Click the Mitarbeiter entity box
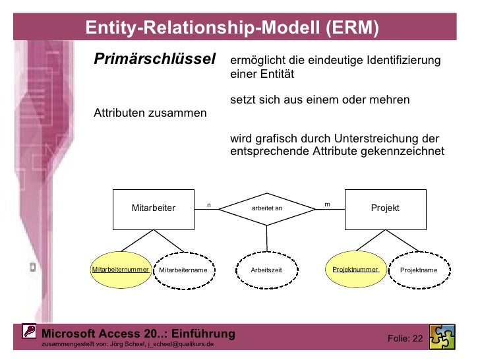click(154, 208)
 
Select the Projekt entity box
click(385, 208)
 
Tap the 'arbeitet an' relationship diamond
click(267, 208)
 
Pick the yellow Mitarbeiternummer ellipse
click(121, 270)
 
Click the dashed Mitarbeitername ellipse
click(183, 270)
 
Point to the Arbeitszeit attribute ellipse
click(266, 270)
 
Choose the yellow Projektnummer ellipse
click(355, 270)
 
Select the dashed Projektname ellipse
click(419, 270)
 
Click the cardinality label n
click(209, 204)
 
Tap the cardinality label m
click(327, 204)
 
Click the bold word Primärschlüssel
click(156, 59)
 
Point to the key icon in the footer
click(29, 332)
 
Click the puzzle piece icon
click(441, 337)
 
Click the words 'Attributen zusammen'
click(150, 113)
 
